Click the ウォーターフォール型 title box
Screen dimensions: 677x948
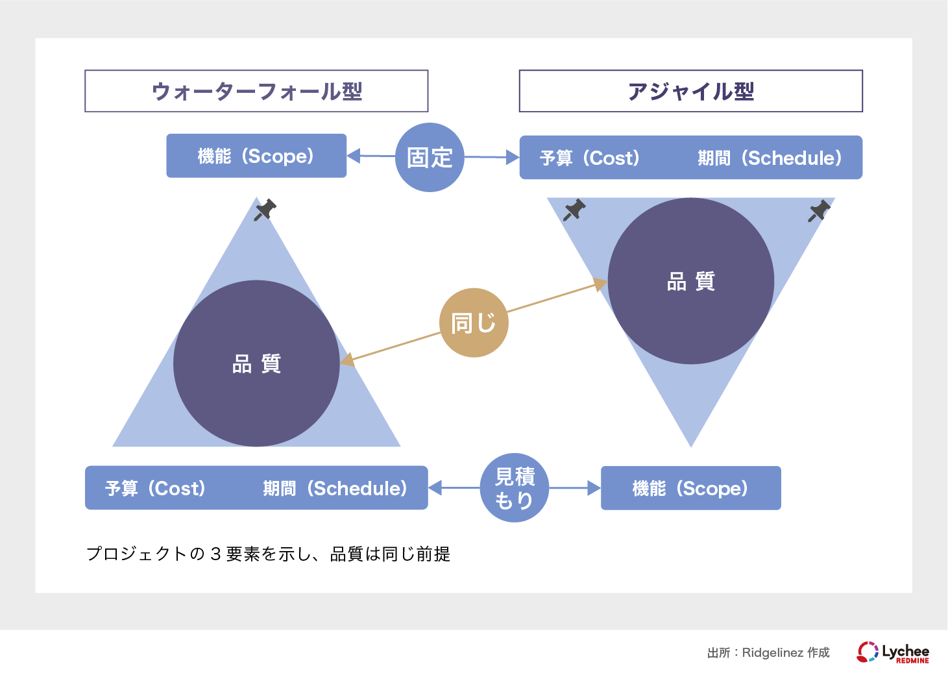pos(256,91)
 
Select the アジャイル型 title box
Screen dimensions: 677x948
pos(690,91)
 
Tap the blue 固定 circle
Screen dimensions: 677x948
pos(430,157)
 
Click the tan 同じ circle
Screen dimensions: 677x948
pos(474,323)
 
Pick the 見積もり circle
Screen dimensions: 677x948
pos(515,488)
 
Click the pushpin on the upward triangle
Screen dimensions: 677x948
pos(265,210)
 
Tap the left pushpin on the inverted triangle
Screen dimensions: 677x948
pos(574,210)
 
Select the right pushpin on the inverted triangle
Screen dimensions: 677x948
pos(820,210)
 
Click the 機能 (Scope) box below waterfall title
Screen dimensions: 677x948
pos(256,156)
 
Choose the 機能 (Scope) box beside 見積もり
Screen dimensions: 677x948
pos(690,488)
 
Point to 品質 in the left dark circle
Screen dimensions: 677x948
pos(256,363)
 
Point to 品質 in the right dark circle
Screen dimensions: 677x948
pos(690,281)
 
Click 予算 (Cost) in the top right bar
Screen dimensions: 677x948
pos(590,158)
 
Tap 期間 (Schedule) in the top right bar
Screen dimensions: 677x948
pos(770,158)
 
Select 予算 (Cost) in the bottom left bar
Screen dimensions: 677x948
pos(155,488)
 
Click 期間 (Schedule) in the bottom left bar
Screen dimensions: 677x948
pos(335,488)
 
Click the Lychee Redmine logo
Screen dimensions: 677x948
pos(893,652)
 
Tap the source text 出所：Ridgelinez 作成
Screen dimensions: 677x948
pos(768,652)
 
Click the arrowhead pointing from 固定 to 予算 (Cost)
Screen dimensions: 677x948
pos(513,157)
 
